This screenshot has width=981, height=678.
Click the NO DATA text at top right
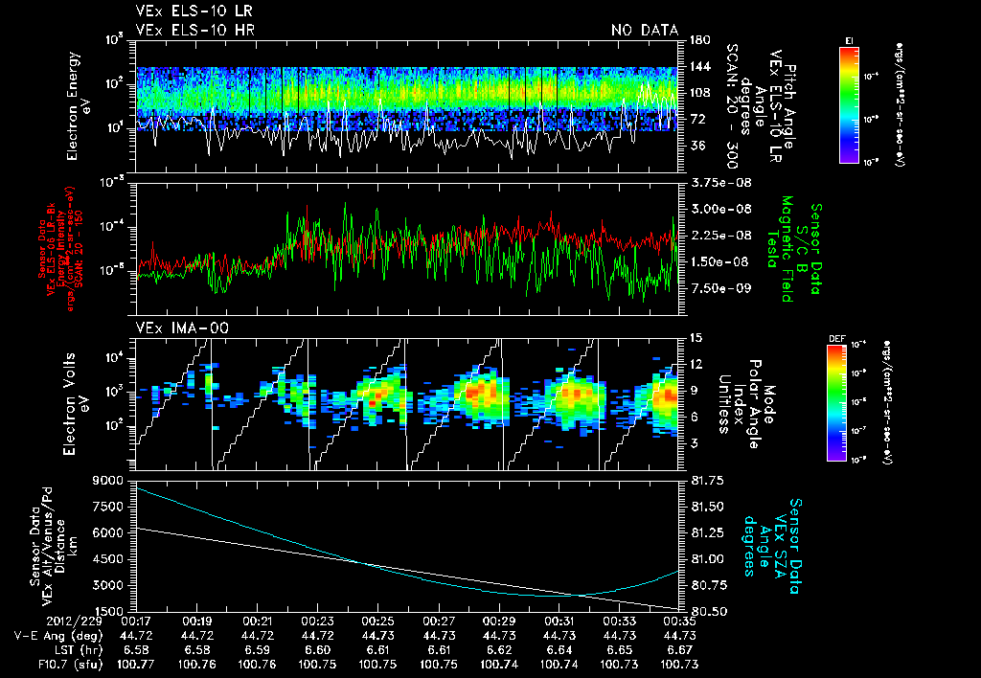pos(645,30)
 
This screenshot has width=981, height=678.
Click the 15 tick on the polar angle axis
pos(696,338)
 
